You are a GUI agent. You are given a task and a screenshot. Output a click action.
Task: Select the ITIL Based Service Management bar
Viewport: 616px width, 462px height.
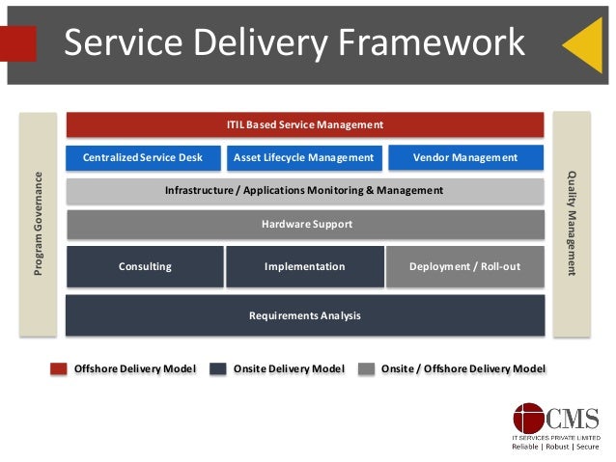pos(304,124)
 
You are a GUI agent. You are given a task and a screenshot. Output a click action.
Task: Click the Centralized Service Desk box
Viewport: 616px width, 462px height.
pos(143,157)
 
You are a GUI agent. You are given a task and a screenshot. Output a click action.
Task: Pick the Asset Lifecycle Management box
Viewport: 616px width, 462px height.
pos(304,157)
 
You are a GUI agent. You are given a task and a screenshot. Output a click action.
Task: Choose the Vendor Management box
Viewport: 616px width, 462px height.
pos(464,157)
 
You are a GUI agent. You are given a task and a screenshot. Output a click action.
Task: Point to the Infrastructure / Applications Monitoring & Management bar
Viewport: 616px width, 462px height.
pos(304,191)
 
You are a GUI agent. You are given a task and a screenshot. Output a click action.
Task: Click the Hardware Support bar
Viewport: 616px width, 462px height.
pos(304,225)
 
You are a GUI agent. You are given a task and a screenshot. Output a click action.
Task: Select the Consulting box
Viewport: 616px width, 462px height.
pos(145,266)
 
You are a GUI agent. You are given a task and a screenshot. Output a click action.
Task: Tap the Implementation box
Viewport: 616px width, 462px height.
pos(304,266)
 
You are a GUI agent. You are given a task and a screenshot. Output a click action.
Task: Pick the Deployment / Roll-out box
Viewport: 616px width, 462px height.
pos(464,266)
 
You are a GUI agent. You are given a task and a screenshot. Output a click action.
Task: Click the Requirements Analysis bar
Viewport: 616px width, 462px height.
pos(304,315)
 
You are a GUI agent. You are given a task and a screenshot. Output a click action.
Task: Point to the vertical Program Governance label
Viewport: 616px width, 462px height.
pos(39,224)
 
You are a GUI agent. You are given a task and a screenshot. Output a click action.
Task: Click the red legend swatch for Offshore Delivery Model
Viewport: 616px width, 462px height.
pos(59,368)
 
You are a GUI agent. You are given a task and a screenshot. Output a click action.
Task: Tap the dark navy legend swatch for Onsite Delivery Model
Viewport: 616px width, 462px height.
pos(217,368)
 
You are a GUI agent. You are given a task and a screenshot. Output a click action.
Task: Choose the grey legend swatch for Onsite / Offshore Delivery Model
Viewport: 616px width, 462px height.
pos(366,368)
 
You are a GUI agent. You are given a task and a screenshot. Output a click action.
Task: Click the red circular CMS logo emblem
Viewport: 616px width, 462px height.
pos(529,419)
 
